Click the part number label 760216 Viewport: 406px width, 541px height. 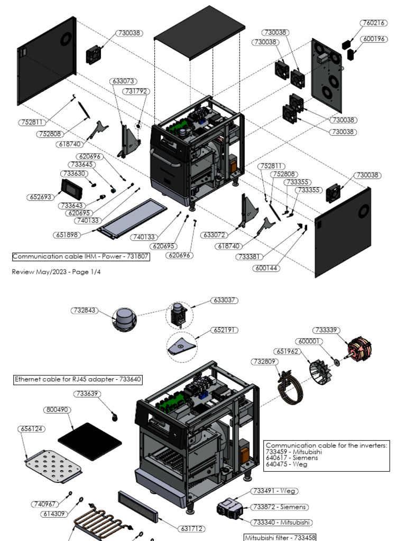tap(373, 23)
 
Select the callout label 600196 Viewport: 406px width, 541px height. tap(373, 39)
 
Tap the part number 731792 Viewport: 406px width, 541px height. tap(136, 91)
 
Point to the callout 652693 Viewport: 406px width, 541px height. tap(40, 197)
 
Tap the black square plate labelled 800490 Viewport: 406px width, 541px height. tap(89, 434)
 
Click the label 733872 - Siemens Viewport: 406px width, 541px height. tap(279, 507)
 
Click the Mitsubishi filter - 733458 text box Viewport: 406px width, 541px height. tap(279, 537)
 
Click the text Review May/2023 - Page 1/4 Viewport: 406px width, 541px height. tap(56, 272)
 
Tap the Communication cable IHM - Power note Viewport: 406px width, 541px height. tap(80, 257)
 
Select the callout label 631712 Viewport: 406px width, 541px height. tap(192, 528)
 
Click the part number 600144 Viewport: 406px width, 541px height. tap(266, 268)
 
